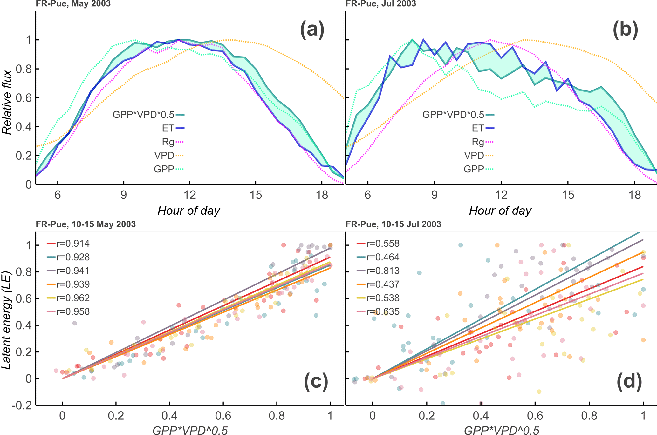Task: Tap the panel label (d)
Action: pos(629,382)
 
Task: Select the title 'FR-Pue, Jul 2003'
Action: pos(381,4)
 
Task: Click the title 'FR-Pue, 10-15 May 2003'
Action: pos(86,224)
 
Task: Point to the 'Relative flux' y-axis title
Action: pos(7,102)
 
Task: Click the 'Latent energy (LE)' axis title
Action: pos(6,320)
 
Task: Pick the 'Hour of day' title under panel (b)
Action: pos(500,211)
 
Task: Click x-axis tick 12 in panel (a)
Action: pos(189,195)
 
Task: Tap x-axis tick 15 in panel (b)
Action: pos(568,195)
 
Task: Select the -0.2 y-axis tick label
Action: pos(22,405)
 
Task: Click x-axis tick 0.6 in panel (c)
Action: pos(223,416)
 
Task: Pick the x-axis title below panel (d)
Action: pos(502,430)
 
